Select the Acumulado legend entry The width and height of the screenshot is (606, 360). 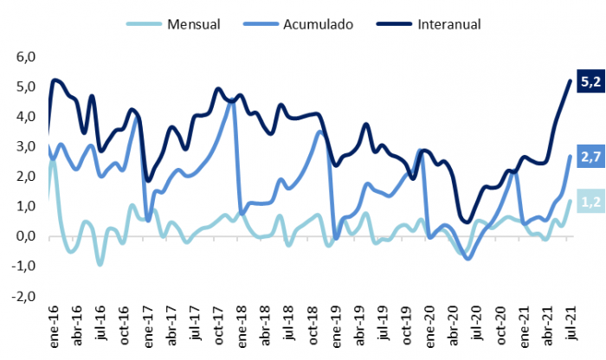(317, 24)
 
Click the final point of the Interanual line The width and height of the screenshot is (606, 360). (570, 81)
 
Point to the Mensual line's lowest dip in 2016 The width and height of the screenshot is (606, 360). (100, 263)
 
